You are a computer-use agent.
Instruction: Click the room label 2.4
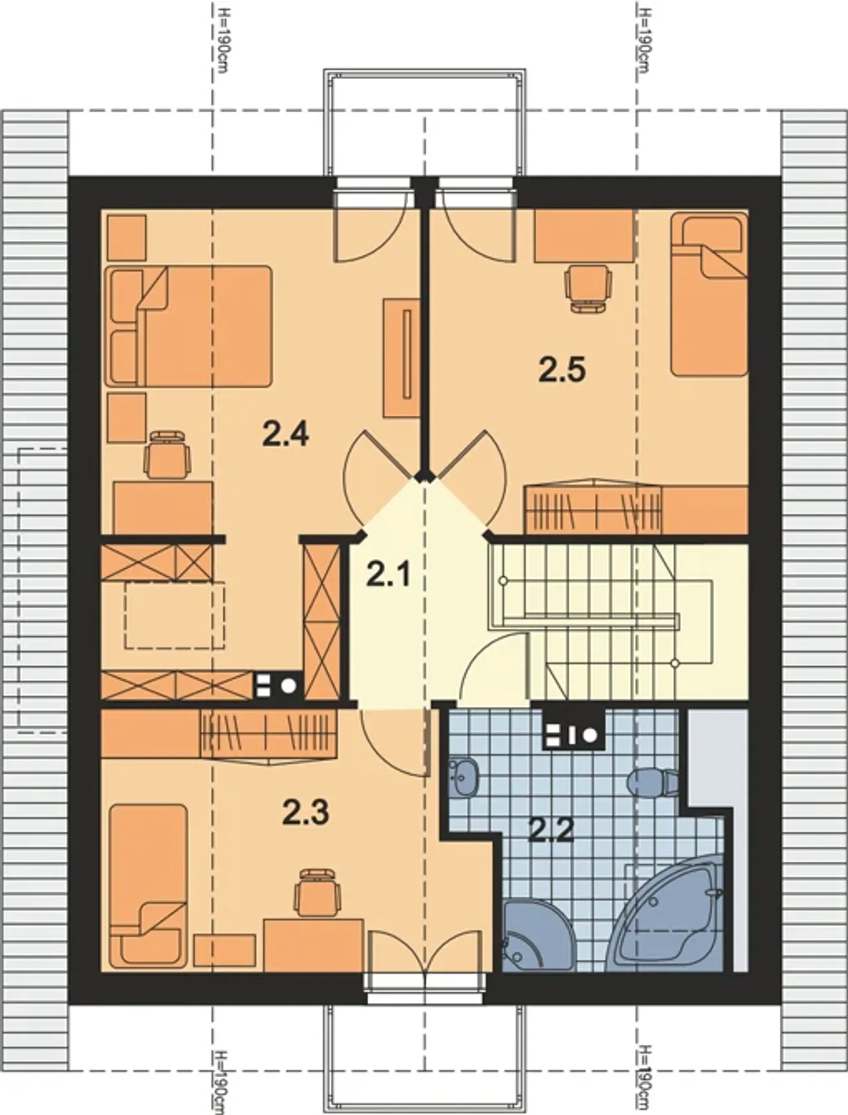(x=286, y=435)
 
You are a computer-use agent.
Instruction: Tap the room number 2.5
(x=562, y=369)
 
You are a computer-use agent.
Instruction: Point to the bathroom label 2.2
(x=551, y=829)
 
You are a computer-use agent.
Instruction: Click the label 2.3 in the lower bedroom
(x=305, y=813)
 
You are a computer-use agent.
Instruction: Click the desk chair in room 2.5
(x=587, y=288)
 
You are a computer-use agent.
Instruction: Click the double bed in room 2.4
(x=189, y=325)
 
